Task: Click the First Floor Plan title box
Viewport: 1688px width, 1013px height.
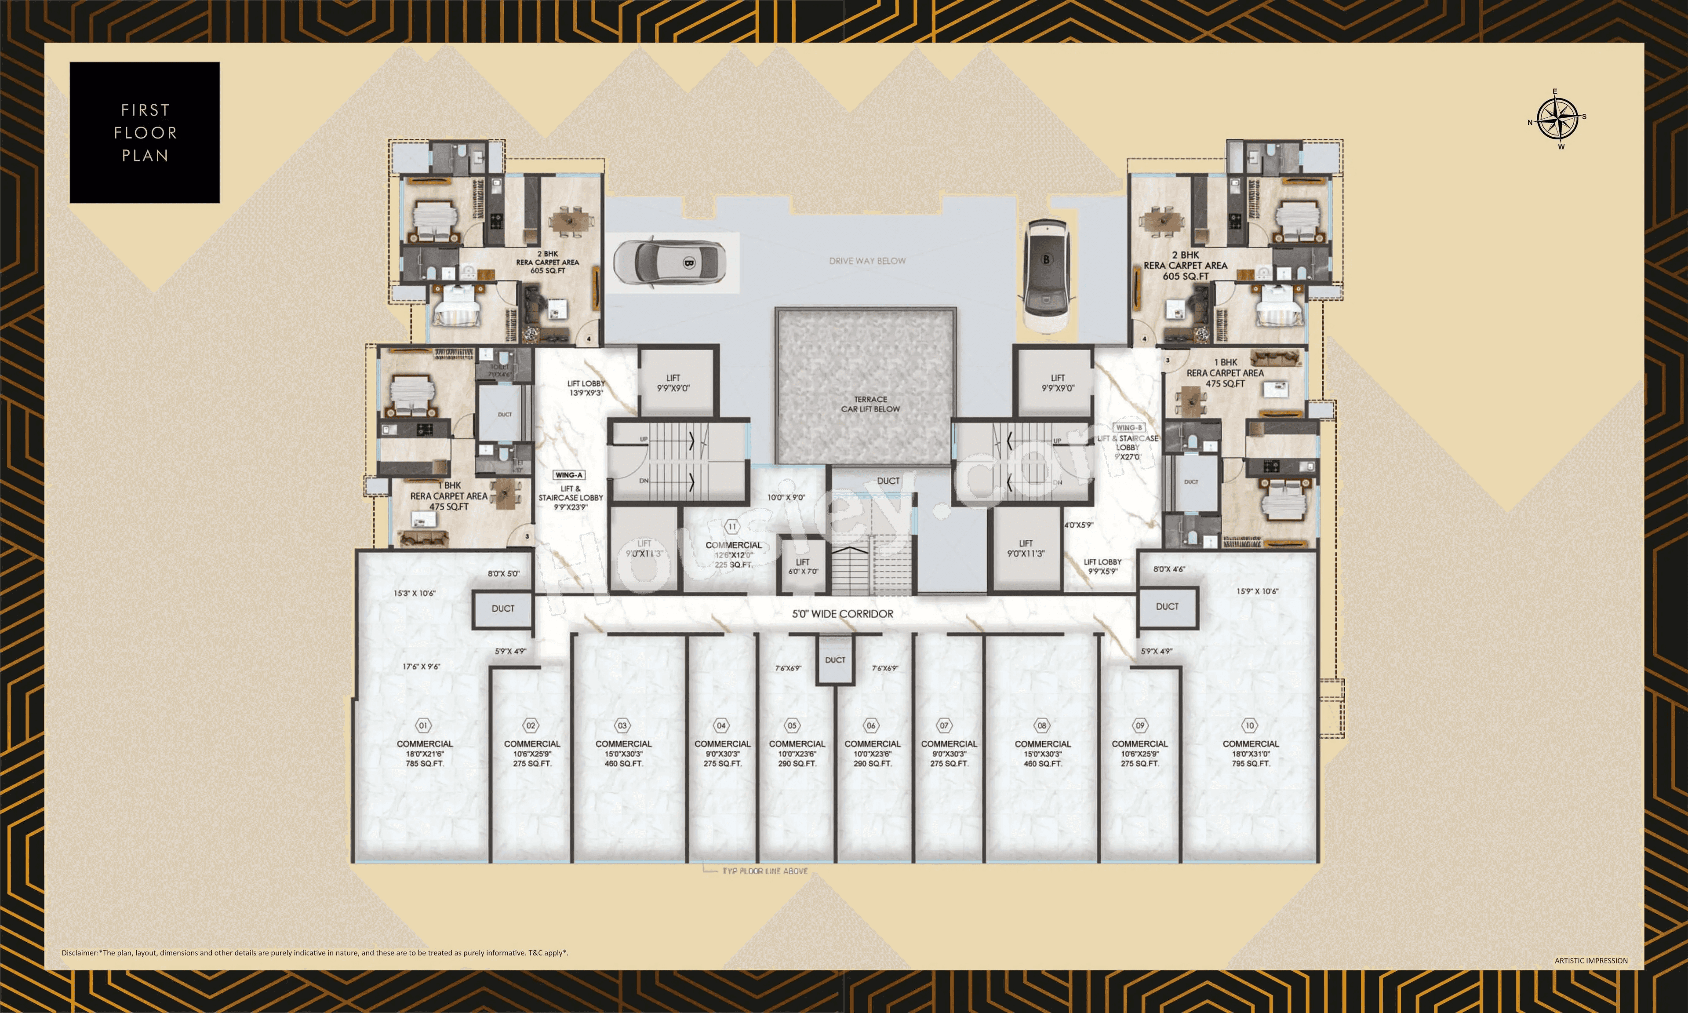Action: [145, 132]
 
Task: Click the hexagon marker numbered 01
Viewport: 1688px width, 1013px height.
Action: [423, 725]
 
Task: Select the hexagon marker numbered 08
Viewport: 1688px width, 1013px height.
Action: [1042, 725]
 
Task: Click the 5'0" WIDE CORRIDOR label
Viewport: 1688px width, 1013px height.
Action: [842, 614]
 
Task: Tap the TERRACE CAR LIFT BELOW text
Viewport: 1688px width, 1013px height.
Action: [870, 404]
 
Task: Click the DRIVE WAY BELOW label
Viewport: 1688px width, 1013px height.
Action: [867, 261]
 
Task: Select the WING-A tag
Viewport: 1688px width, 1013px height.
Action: [569, 475]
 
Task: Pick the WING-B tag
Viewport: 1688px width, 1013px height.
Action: [1129, 428]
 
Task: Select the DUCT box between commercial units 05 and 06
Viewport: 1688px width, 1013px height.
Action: [835, 660]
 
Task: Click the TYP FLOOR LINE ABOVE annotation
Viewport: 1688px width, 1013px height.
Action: [765, 871]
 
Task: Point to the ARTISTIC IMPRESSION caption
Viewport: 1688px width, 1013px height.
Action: [1590, 960]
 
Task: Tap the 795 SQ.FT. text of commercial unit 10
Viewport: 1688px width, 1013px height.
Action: [1251, 764]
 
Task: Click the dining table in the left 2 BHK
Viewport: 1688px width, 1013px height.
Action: [572, 220]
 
